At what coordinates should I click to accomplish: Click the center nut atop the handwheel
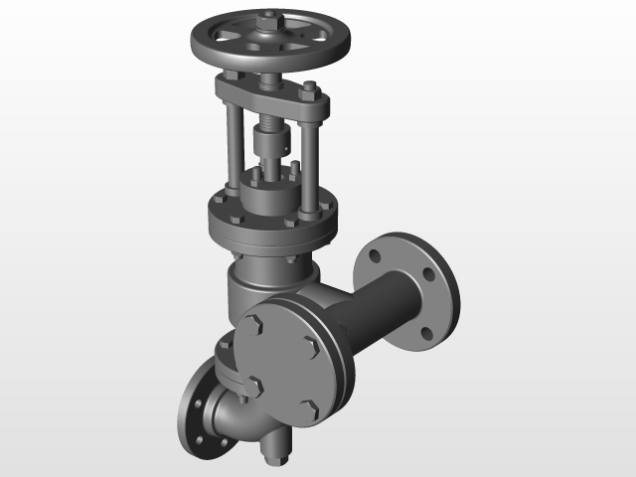click(269, 19)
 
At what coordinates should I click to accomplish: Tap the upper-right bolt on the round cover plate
click(310, 345)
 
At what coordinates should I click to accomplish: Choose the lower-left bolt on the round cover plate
click(254, 386)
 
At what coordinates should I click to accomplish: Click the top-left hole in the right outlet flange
click(375, 255)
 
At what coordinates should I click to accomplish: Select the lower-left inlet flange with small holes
click(200, 417)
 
